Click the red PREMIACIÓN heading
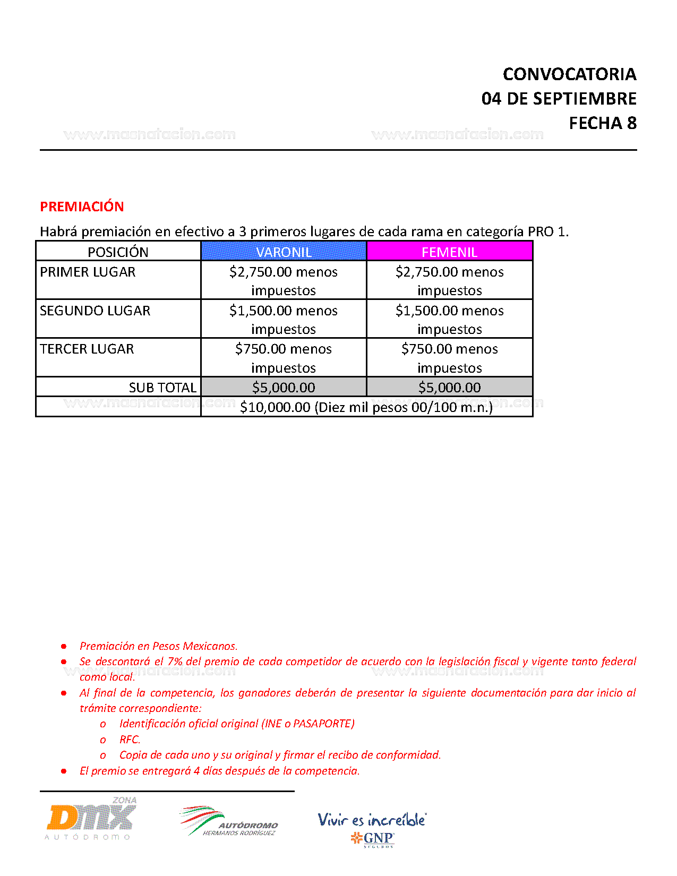[x=82, y=207]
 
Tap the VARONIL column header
[x=284, y=252]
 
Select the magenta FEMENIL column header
[x=449, y=252]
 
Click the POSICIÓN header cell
[x=118, y=252]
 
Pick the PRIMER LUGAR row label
[x=88, y=272]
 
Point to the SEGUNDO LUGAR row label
[x=95, y=311]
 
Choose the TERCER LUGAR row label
[x=87, y=349]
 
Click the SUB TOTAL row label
[x=162, y=388]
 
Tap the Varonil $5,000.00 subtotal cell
[x=284, y=388]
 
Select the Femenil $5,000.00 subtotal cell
[x=449, y=388]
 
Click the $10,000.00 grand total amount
[x=275, y=407]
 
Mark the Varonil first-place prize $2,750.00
[x=261, y=272]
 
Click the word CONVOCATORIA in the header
[x=569, y=74]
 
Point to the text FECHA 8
[x=603, y=123]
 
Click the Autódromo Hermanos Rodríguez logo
[x=229, y=822]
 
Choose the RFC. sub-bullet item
[x=130, y=740]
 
